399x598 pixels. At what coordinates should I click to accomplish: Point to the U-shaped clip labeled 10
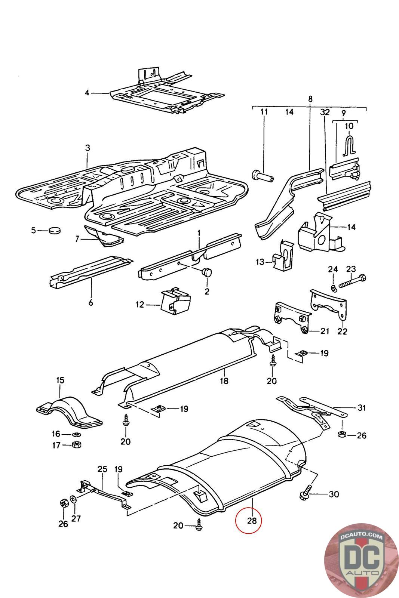pos(349,145)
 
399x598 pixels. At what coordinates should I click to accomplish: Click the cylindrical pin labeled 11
pos(263,176)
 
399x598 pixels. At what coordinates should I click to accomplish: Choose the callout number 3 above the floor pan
pos(88,148)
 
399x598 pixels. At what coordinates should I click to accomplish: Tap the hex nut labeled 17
pos(77,444)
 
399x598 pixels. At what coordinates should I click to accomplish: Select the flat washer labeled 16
pos(77,434)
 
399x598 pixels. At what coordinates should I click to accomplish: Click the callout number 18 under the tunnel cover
pos(224,381)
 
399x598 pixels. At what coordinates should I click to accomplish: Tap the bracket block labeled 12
pos(176,301)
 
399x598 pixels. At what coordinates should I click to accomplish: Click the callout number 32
pos(325,112)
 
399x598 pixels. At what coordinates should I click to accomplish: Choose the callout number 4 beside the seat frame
pos(87,93)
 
